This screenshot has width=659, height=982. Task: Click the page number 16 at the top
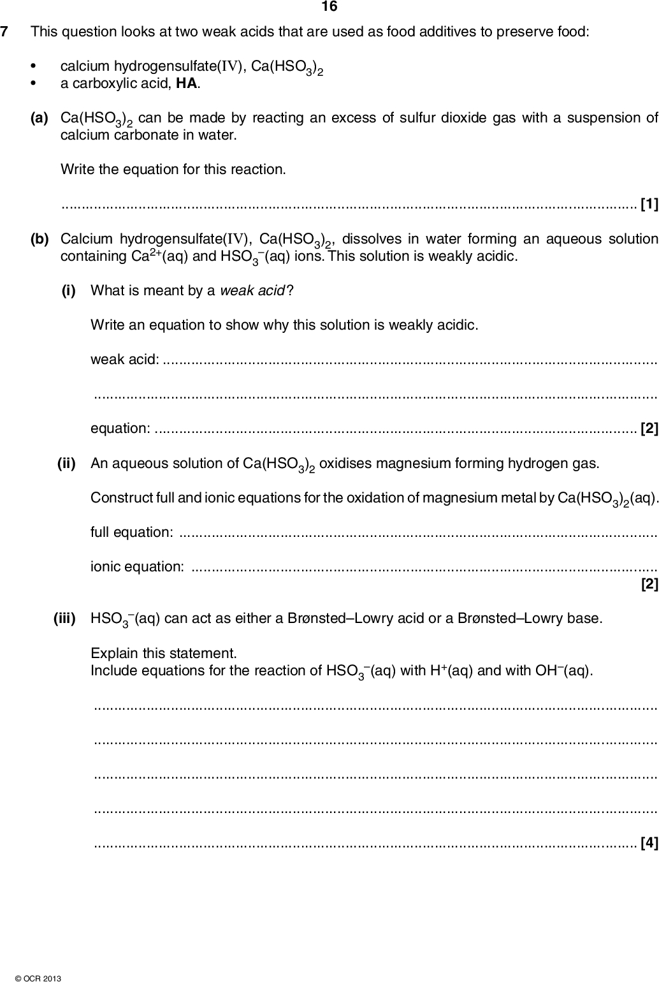(x=329, y=7)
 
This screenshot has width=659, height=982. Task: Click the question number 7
(x=5, y=31)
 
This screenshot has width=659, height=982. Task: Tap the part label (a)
(x=40, y=118)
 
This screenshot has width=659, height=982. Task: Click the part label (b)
(x=40, y=239)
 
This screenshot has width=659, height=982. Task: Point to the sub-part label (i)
(x=68, y=290)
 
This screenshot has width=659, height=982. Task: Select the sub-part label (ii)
(x=66, y=462)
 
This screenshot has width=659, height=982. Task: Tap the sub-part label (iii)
(x=64, y=618)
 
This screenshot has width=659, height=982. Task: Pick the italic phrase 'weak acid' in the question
(x=252, y=291)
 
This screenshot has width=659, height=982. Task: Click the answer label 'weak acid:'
(x=125, y=360)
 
